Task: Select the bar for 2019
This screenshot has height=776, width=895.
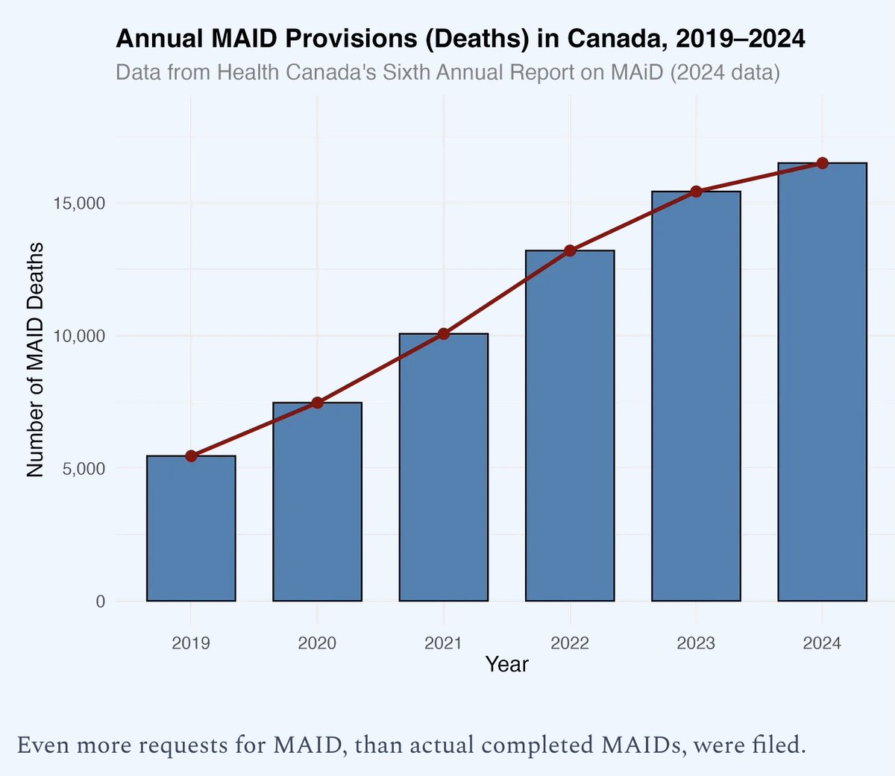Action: [x=191, y=529]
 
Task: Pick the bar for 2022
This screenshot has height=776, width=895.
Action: [x=570, y=426]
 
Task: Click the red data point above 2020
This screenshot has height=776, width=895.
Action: [x=317, y=403]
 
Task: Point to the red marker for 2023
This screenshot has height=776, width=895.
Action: [x=696, y=192]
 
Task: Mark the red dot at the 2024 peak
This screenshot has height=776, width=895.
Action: [x=822, y=163]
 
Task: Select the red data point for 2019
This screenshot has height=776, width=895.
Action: [x=191, y=456]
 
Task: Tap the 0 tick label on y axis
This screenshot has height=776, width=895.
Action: [x=100, y=602]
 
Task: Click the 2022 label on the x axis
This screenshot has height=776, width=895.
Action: [x=570, y=643]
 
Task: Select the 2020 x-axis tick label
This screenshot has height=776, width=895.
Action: [x=317, y=643]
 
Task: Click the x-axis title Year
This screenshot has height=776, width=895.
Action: [x=506, y=664]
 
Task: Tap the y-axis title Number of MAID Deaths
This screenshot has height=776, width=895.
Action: [x=35, y=360]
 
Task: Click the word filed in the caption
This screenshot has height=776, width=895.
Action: [x=780, y=745]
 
